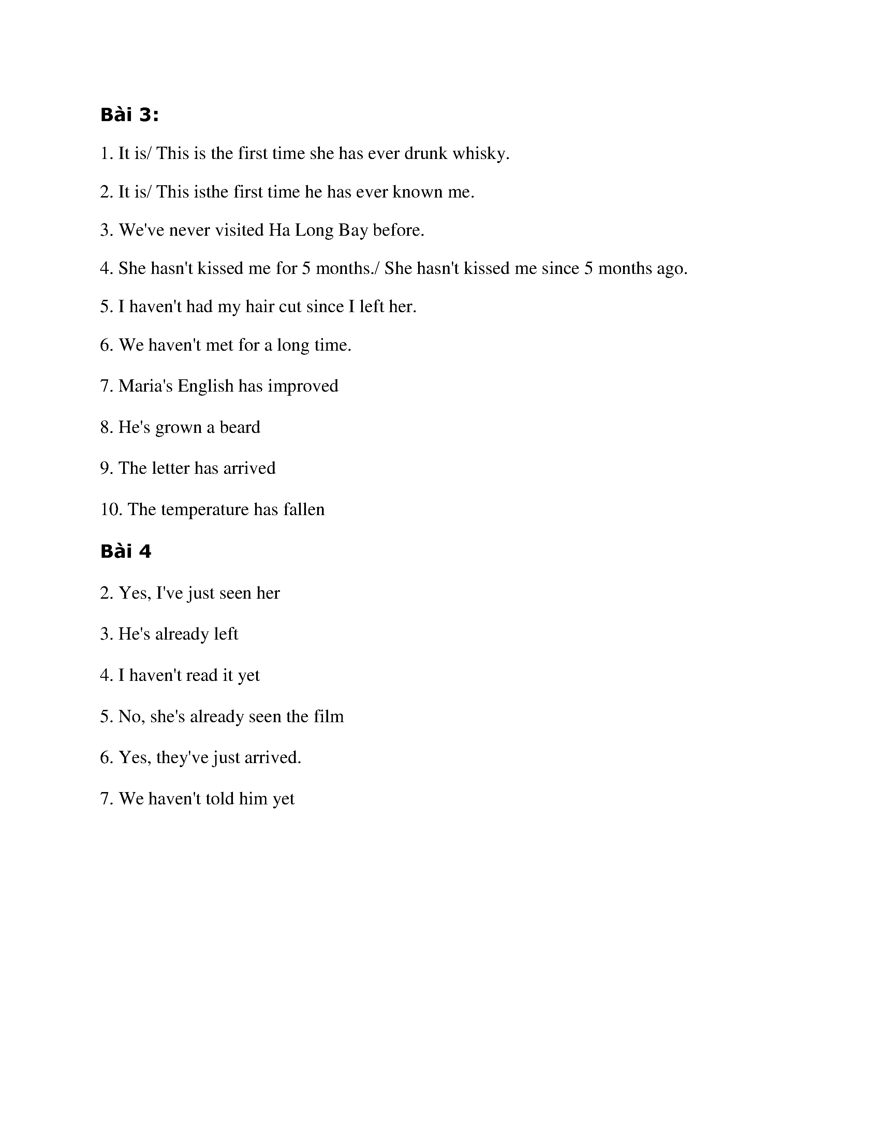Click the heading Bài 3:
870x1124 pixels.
tap(130, 115)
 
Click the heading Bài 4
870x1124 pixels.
tap(126, 552)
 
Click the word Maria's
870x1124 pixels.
tap(146, 386)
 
